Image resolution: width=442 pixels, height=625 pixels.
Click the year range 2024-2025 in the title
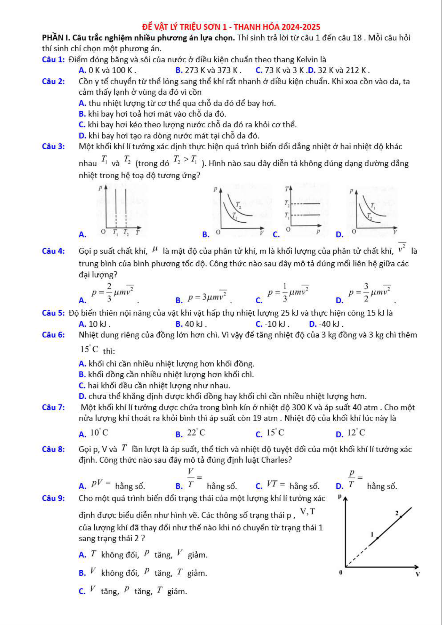[301, 27]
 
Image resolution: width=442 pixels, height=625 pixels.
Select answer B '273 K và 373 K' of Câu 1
[208, 70]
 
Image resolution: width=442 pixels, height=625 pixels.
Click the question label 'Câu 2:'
[53, 81]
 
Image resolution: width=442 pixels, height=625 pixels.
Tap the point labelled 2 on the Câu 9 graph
[401, 517]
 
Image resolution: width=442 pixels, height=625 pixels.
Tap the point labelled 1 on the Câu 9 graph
[377, 537]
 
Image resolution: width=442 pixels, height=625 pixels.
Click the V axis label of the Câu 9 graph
[418, 574]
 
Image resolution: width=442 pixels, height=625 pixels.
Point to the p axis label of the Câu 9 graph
[340, 496]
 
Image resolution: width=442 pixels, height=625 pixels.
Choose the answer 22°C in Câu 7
[196, 433]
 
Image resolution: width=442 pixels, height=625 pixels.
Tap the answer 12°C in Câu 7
[356, 433]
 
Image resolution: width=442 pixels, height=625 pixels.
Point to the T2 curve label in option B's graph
[238, 205]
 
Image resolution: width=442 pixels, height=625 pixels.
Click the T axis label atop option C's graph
[287, 189]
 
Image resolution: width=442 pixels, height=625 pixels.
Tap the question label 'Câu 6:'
[53, 335]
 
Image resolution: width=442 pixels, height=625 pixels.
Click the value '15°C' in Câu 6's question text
[89, 349]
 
